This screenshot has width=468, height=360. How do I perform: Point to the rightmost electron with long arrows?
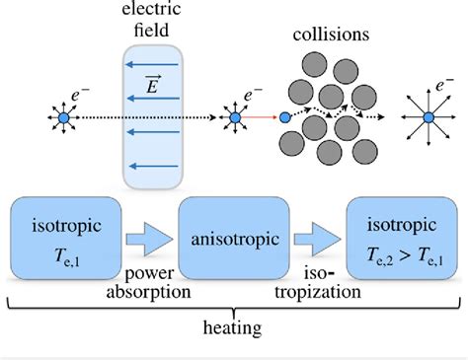point(426,118)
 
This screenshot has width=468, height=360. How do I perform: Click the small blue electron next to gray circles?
point(284,118)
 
